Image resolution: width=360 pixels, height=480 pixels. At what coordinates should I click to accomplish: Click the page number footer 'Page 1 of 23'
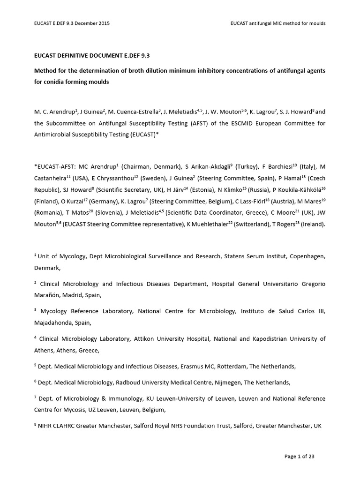point(303,456)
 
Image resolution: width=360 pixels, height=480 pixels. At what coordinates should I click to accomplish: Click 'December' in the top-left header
point(83,23)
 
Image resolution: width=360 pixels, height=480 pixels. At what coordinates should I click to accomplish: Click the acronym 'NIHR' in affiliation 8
point(47,426)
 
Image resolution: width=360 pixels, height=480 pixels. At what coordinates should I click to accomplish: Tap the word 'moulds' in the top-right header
point(315,23)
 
